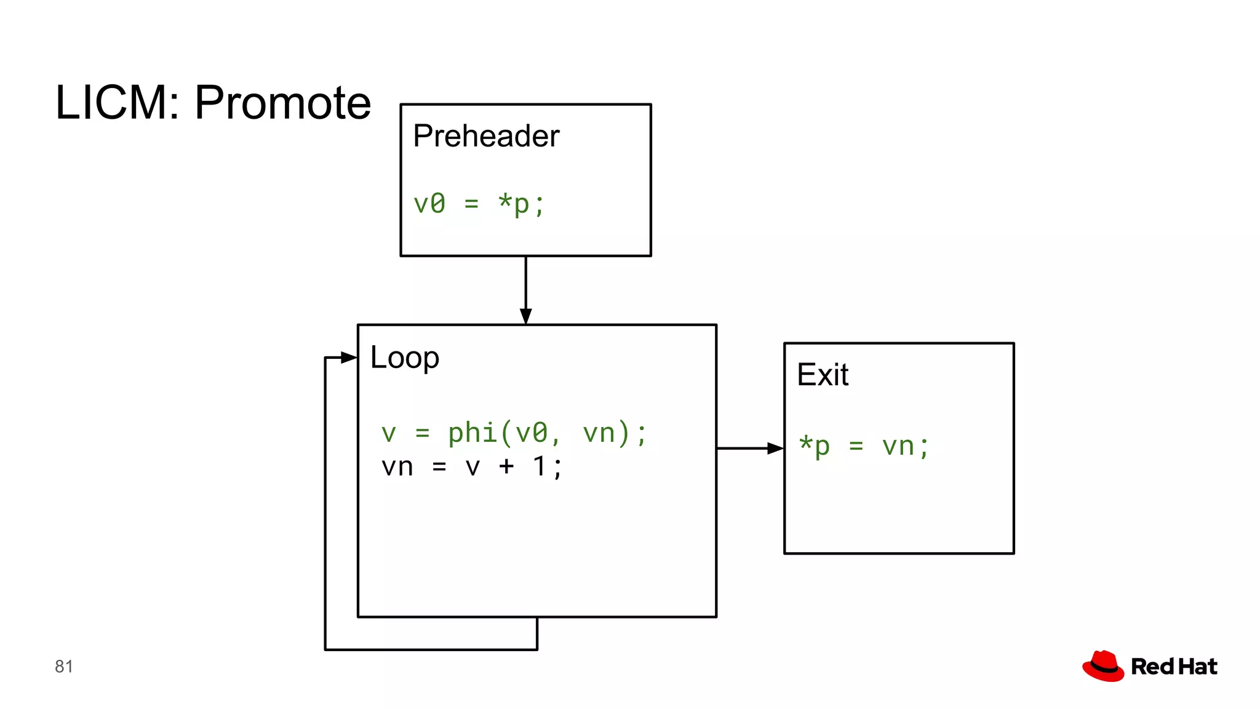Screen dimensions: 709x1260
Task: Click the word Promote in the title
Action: (x=282, y=103)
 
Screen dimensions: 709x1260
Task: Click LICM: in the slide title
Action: (x=118, y=103)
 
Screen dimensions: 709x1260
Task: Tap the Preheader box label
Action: (x=485, y=136)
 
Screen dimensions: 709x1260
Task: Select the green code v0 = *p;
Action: (x=479, y=204)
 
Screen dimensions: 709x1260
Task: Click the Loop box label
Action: (x=404, y=358)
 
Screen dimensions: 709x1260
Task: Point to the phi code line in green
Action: (x=514, y=433)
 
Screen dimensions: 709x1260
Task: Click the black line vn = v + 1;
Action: (x=471, y=467)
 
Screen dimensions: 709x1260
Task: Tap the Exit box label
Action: (x=822, y=375)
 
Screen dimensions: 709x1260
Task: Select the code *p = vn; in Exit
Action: (x=863, y=446)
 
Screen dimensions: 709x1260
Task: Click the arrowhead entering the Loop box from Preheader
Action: (x=525, y=316)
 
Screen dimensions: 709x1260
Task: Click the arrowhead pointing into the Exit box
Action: (x=775, y=449)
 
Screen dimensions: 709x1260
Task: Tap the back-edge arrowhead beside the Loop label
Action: (x=348, y=358)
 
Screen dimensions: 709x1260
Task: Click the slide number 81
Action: (x=63, y=667)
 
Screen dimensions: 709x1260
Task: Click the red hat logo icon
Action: (x=1103, y=666)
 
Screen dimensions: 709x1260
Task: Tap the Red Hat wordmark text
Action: (x=1174, y=667)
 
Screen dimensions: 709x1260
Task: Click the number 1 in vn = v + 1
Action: (x=540, y=467)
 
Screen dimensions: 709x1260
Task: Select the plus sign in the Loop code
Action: (x=506, y=467)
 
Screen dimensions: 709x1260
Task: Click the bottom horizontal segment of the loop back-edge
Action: (x=431, y=649)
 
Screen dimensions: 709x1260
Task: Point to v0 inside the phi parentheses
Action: (x=532, y=433)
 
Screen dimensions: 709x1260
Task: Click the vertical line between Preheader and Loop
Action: (x=525, y=283)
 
